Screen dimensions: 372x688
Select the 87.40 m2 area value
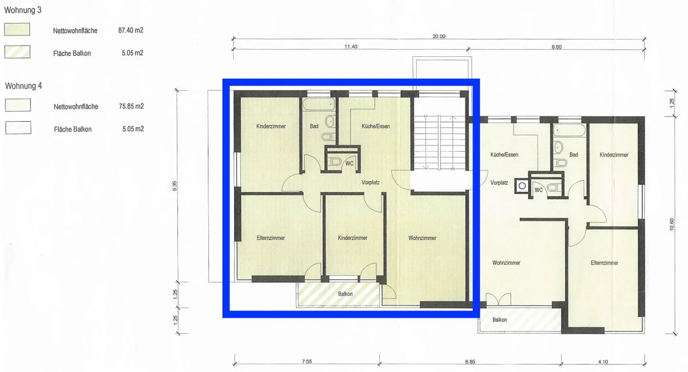click(131, 30)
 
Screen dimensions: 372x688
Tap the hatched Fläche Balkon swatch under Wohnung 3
click(17, 52)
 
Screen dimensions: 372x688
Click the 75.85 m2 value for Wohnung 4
click(131, 106)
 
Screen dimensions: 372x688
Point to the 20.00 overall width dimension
click(439, 36)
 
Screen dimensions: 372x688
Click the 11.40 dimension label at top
click(350, 47)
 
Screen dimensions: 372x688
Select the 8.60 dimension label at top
click(556, 47)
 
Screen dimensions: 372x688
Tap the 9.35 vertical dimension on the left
click(175, 185)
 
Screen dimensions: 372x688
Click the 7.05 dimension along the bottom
click(307, 361)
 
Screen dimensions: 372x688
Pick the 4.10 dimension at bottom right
click(602, 361)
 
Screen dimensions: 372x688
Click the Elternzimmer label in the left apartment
click(270, 238)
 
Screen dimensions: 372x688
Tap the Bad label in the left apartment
click(314, 127)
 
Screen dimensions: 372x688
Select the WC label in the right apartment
click(538, 190)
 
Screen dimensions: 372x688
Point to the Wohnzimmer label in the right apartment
click(506, 263)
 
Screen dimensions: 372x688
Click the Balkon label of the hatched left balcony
click(345, 294)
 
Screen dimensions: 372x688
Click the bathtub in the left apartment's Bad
click(318, 104)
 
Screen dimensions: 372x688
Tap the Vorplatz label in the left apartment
click(371, 181)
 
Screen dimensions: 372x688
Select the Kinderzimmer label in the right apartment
click(614, 155)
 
